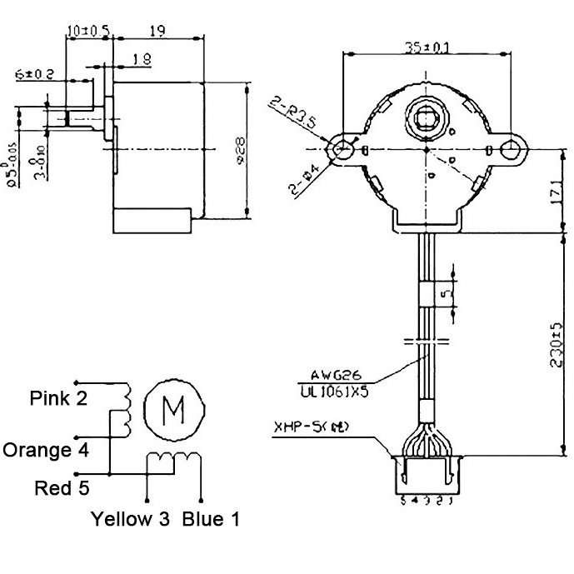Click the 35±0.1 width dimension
(x=426, y=47)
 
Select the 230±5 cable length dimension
(x=563, y=345)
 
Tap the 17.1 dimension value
(x=563, y=192)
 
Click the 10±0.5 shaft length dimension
(x=88, y=30)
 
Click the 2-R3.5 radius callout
(x=291, y=113)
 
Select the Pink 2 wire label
(x=58, y=397)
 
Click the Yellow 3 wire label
(x=131, y=519)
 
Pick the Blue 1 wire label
(x=211, y=519)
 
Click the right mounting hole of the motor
(x=511, y=149)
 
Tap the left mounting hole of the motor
(x=342, y=149)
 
